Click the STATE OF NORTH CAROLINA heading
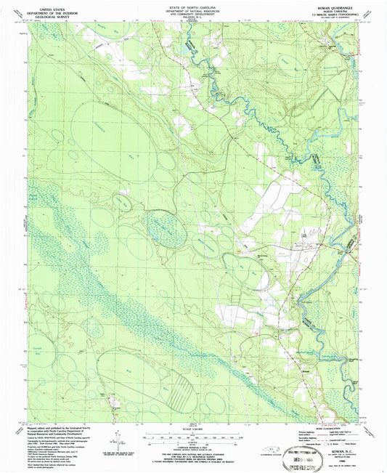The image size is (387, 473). click(193, 4)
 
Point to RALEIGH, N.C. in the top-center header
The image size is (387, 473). click(193, 17)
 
